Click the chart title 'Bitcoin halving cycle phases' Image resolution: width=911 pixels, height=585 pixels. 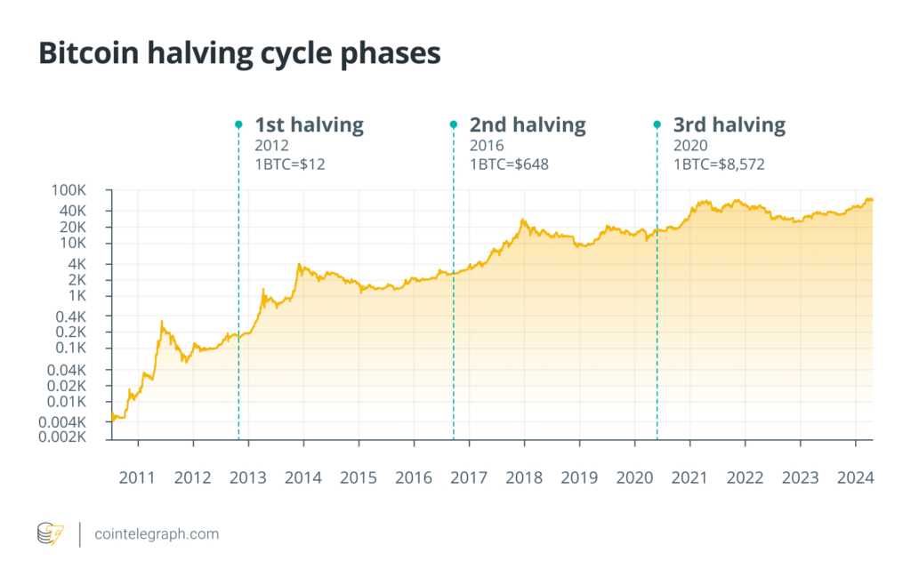[239, 53]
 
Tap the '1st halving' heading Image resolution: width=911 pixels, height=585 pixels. [309, 124]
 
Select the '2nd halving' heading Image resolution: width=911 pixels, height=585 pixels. [528, 124]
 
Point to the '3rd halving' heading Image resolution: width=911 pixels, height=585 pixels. [730, 124]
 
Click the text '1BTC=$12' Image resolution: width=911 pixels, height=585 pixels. [290, 164]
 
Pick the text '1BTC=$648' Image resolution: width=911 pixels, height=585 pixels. [509, 164]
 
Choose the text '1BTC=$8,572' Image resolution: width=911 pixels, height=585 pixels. [719, 164]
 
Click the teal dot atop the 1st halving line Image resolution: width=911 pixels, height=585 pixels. [238, 124]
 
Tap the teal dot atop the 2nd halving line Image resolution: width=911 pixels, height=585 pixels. [454, 124]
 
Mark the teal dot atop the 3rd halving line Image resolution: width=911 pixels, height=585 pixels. [657, 124]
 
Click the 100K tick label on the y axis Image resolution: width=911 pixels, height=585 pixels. [69, 190]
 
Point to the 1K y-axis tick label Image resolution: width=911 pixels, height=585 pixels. [77, 296]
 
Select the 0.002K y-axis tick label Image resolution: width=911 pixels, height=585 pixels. [62, 437]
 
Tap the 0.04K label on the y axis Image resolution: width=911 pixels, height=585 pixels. [67, 370]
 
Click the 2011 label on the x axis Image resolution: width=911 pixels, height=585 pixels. [137, 477]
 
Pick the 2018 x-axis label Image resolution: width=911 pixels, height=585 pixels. [524, 477]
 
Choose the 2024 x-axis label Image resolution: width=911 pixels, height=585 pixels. [855, 477]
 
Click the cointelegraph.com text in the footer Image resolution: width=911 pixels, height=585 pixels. [157, 534]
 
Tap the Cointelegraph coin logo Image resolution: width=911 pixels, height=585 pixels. [51, 534]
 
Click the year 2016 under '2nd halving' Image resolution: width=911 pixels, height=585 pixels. [487, 146]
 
